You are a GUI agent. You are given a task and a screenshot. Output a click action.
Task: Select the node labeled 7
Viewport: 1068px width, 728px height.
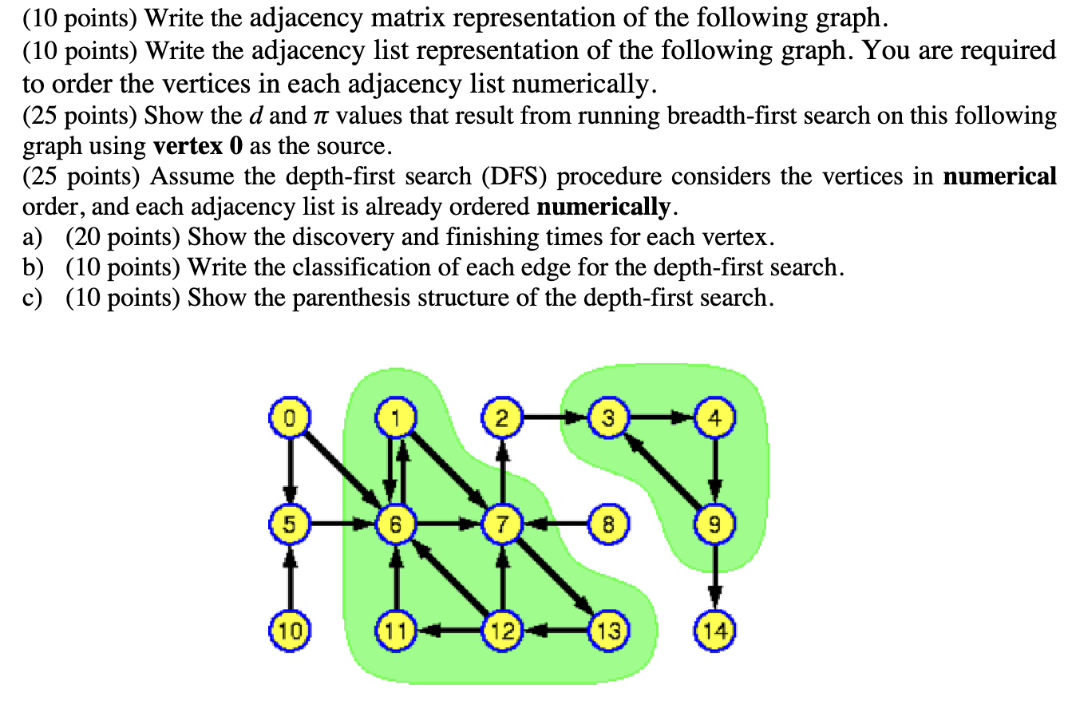click(501, 524)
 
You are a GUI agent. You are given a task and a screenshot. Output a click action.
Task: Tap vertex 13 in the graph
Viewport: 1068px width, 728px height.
click(608, 631)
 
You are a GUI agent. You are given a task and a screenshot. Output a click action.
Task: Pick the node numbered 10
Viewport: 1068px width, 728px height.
click(290, 631)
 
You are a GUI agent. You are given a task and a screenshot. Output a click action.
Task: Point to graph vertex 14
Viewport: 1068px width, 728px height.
click(715, 631)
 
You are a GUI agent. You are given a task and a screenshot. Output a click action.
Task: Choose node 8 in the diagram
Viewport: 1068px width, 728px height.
click(608, 524)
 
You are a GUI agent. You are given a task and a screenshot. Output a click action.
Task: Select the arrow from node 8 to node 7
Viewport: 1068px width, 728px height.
click(556, 524)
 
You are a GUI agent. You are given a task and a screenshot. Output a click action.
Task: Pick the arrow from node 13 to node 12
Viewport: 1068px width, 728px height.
click(556, 631)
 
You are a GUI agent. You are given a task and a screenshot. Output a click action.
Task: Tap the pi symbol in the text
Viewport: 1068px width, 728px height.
click(318, 117)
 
